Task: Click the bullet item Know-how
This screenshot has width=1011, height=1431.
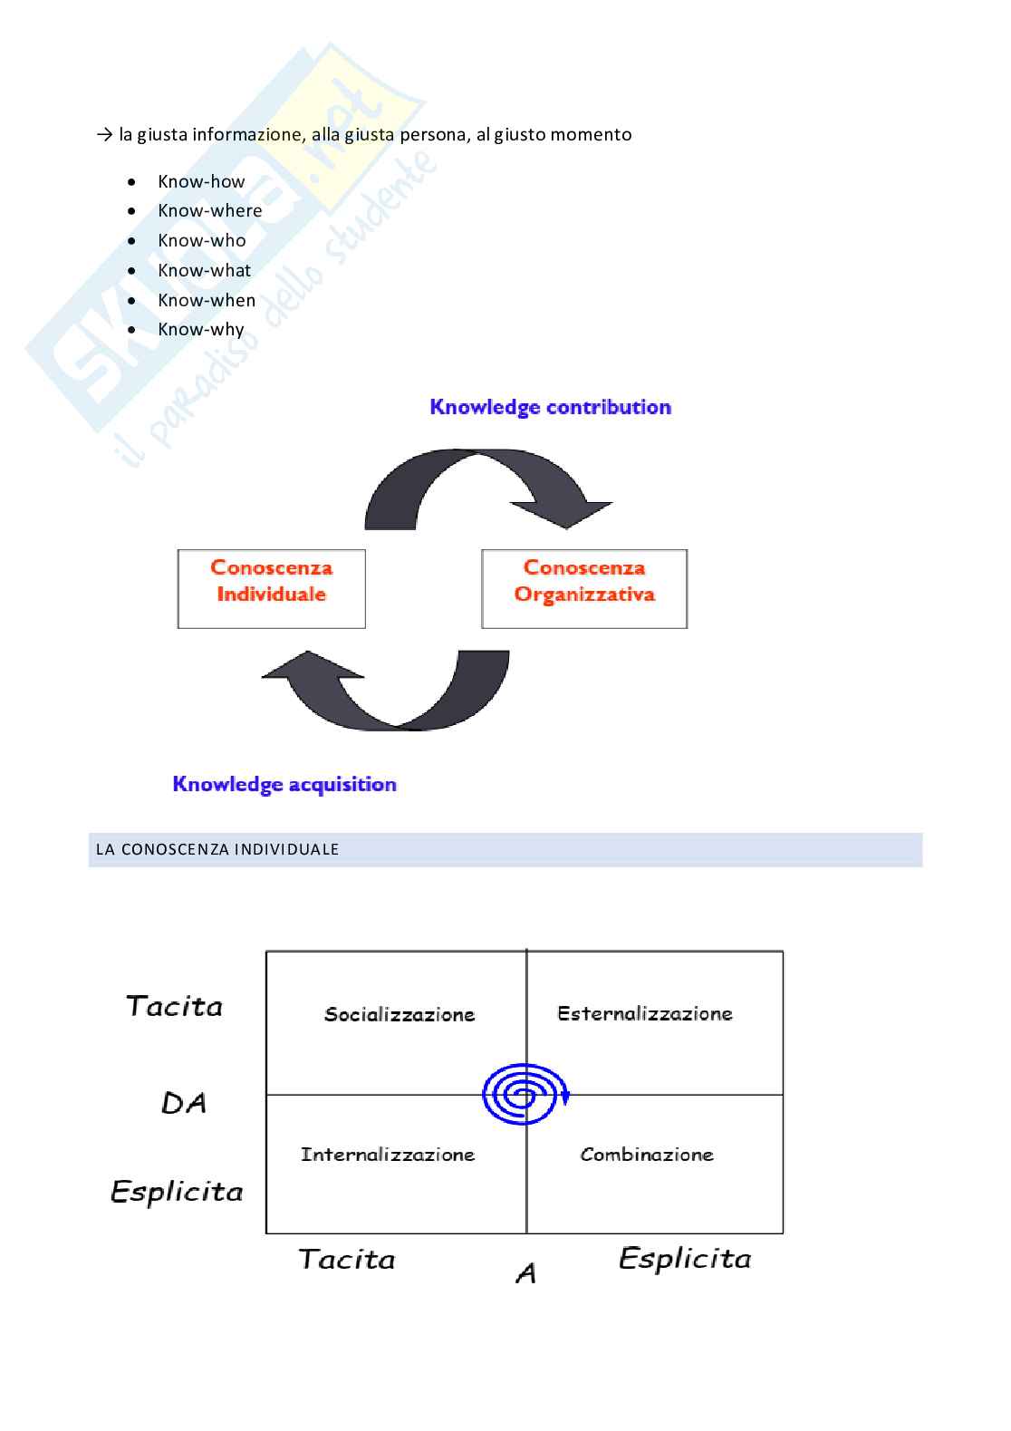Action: pyautogui.click(x=201, y=181)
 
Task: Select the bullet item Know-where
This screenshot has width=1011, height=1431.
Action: pyautogui.click(x=209, y=210)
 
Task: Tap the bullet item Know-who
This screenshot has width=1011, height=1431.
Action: pyautogui.click(x=201, y=240)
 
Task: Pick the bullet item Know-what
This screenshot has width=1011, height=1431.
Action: pyautogui.click(x=204, y=270)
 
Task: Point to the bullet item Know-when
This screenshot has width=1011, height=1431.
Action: pyautogui.click(x=207, y=300)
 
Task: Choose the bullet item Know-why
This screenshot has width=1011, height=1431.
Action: pyautogui.click(x=201, y=329)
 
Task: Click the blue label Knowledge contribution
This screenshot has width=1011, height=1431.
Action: pyautogui.click(x=550, y=407)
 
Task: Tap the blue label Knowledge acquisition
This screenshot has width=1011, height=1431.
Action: pyautogui.click(x=284, y=784)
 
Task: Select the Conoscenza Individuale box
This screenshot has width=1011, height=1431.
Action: pyautogui.click(x=272, y=588)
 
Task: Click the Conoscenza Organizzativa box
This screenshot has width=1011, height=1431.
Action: pyautogui.click(x=584, y=588)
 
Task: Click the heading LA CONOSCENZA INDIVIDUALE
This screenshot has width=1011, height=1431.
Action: pyautogui.click(x=217, y=849)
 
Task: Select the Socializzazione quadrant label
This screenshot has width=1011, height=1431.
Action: pyautogui.click(x=400, y=1014)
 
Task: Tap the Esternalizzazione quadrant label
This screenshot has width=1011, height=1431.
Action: pyautogui.click(x=645, y=1013)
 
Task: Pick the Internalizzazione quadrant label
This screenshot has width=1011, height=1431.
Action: pyautogui.click(x=388, y=1154)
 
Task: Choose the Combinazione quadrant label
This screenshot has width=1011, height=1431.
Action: pyautogui.click(x=647, y=1154)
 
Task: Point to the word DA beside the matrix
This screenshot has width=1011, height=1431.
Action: pyautogui.click(x=184, y=1103)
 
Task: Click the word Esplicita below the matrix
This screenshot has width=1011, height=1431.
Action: pyautogui.click(x=685, y=1258)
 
